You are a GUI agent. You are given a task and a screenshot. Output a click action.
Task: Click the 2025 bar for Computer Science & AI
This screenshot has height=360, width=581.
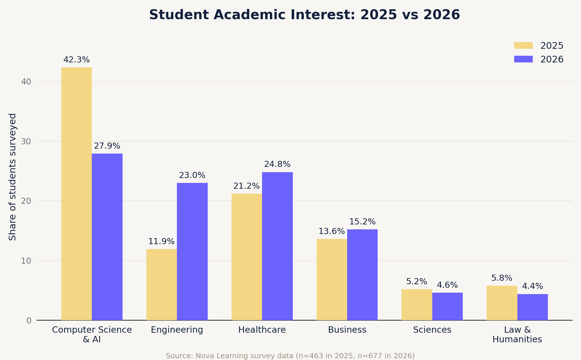pos(76,194)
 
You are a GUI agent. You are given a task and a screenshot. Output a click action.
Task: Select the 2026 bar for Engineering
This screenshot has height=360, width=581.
pos(192,251)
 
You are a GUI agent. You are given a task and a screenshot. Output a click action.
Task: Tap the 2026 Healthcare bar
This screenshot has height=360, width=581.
pos(277,246)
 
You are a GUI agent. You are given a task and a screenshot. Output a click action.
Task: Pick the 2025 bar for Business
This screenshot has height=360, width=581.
pos(332,280)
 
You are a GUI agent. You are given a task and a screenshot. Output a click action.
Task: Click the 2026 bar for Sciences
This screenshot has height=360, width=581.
pos(447,306)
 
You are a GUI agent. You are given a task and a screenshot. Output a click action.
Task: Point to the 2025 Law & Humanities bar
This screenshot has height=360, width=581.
pos(502,303)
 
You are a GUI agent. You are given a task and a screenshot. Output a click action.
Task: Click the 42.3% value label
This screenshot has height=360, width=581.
pos(76,60)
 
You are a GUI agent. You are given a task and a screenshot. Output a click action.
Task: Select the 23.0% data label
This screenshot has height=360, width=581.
pos(192,175)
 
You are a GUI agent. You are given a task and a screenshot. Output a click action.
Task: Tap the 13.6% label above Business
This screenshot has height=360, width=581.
pos(332,231)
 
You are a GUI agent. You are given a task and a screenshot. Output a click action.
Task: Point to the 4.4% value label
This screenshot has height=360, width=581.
pos(532,286)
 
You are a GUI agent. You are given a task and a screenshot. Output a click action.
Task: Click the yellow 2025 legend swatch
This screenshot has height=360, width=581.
pos(523,46)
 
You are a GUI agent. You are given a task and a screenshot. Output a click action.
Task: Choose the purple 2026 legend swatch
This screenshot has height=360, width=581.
pos(523,59)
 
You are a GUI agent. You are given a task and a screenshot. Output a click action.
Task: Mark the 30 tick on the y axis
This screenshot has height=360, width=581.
pos(26,141)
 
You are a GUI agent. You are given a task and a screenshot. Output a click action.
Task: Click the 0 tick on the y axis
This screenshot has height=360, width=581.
pos(29,321)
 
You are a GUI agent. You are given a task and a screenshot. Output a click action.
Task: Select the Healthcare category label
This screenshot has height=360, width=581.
pos(262,330)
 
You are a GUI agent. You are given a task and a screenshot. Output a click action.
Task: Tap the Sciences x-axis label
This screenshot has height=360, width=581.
pos(432,330)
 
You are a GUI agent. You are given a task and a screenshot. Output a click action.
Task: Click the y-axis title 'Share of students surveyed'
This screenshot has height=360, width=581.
pos(12,177)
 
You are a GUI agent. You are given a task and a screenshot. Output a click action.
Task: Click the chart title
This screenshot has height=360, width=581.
pos(304,15)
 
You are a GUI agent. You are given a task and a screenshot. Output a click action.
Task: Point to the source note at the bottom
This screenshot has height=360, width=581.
pos(290,356)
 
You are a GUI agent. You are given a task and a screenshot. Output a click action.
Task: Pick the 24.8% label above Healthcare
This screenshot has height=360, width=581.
pos(277,164)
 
